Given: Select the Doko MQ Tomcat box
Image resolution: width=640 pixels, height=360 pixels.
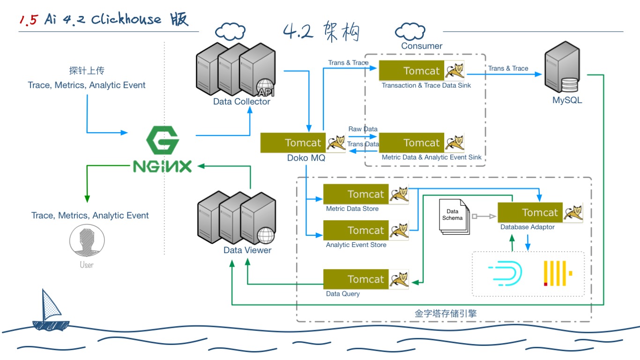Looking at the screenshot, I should [303, 142].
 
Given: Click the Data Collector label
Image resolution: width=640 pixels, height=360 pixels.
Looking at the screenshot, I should [242, 102].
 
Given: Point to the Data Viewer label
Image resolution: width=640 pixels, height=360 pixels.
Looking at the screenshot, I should [247, 250].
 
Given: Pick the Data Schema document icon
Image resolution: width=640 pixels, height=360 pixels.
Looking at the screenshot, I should [454, 216].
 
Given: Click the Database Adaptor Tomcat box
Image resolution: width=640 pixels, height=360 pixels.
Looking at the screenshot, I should [540, 213].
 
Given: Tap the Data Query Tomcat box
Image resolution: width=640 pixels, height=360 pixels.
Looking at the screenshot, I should [365, 279].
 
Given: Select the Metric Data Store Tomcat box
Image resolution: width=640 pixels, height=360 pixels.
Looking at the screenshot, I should [365, 194].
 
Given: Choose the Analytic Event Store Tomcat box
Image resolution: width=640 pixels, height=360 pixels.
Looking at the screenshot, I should [365, 230].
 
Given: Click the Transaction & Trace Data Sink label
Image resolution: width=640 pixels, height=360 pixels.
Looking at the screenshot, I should [426, 85].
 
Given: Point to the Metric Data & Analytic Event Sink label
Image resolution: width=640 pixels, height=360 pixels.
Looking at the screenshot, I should [432, 157].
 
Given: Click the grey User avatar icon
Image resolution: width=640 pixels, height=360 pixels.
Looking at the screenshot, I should [86, 242].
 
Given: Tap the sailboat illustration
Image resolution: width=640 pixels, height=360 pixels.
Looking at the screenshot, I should [48, 310].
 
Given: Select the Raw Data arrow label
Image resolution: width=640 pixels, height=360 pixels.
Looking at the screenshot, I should [363, 129].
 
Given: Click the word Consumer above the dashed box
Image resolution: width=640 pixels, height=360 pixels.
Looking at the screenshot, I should [422, 46].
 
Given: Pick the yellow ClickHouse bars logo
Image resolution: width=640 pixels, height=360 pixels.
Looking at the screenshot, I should [558, 273].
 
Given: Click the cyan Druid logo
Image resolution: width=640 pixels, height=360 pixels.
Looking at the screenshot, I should [505, 273].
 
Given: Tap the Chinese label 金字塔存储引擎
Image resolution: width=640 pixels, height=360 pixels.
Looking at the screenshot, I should [446, 314].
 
